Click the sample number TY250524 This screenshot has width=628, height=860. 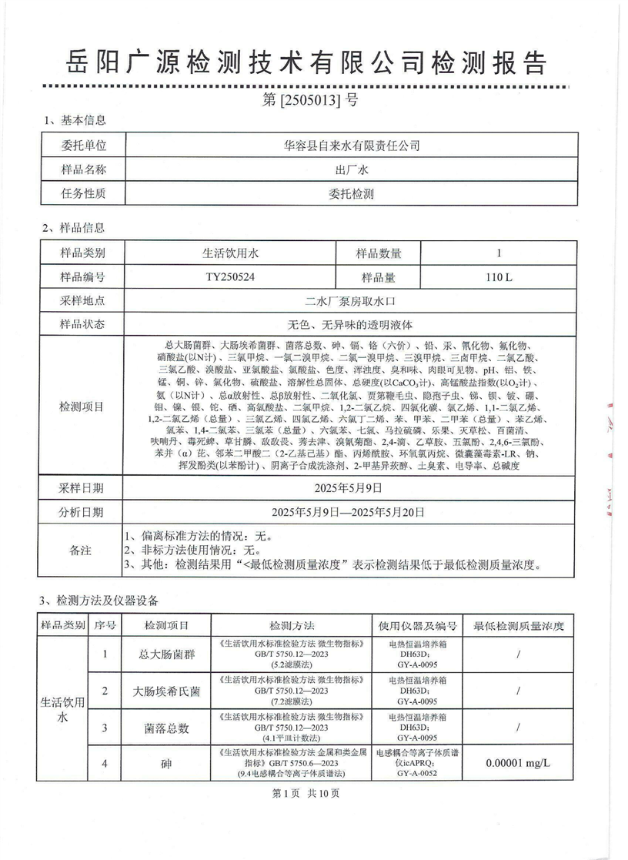point(230,276)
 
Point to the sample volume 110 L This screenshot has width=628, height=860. point(499,276)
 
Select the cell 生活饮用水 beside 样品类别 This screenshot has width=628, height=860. point(230,252)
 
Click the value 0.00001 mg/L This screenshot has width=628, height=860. point(519,764)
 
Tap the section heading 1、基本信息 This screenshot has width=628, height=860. point(75,121)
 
